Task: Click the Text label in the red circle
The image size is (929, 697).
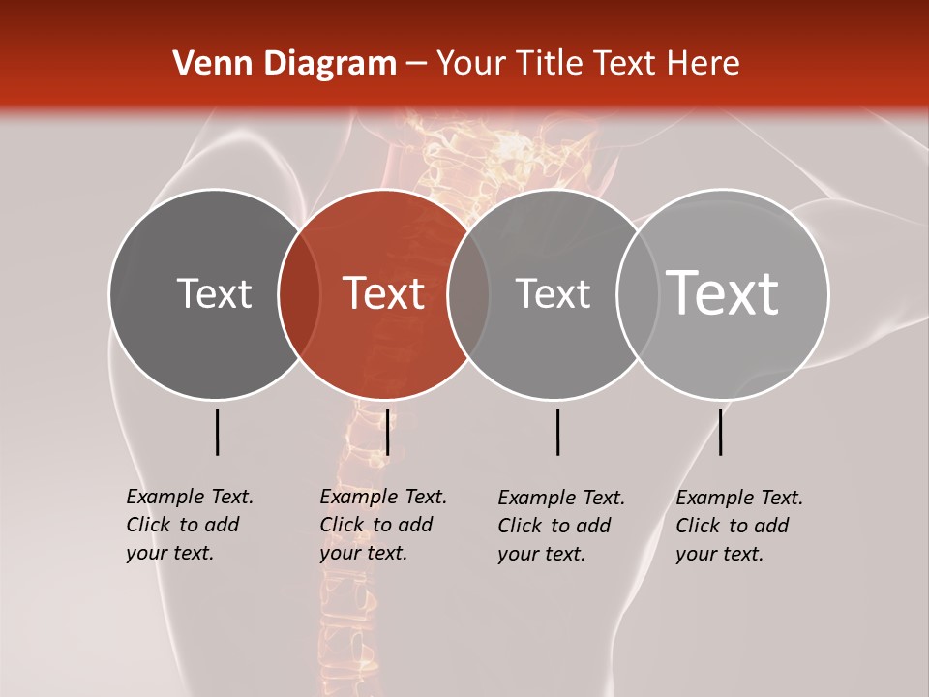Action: click(384, 293)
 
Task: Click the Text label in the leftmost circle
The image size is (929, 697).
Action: click(214, 293)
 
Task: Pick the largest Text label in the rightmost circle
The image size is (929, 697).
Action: click(723, 292)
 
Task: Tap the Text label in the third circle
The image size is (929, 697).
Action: click(553, 293)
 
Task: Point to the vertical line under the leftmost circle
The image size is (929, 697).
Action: click(217, 432)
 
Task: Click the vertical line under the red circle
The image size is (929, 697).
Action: click(387, 432)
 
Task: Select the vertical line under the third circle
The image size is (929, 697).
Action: click(557, 432)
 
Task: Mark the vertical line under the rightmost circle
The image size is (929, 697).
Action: click(720, 432)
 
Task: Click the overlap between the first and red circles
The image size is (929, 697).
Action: click(299, 293)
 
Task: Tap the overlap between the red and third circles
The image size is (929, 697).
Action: click(468, 293)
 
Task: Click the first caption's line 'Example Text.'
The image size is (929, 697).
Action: click(190, 497)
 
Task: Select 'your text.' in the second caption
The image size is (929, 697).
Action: click(364, 553)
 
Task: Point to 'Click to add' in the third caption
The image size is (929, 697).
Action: click(554, 526)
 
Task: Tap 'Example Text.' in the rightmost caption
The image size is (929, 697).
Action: click(739, 498)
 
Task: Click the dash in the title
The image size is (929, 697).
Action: click(416, 65)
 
